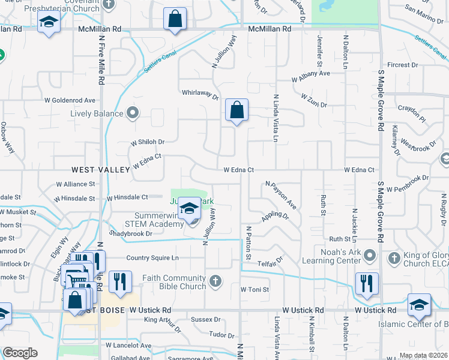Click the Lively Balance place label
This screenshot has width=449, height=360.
tap(97, 113)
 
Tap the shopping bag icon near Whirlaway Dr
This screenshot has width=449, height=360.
tap(237, 110)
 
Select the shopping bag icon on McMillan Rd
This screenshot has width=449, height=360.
tap(175, 19)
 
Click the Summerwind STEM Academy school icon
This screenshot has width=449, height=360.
tap(190, 209)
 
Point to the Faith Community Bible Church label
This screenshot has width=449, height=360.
tap(175, 282)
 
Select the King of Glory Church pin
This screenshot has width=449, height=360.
tap(394, 257)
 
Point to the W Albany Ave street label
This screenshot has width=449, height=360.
tap(311, 74)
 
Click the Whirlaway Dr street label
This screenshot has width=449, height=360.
tap(200, 92)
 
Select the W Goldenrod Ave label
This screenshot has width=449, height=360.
tap(74, 100)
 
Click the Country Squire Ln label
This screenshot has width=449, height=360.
tap(152, 258)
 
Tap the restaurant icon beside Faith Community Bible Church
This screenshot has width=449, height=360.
tap(120, 282)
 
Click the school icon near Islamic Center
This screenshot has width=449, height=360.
tap(419, 305)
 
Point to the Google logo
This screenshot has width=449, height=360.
tap(20, 353)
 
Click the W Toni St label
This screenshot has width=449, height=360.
tap(255, 289)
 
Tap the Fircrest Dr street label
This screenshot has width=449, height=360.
tap(402, 65)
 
